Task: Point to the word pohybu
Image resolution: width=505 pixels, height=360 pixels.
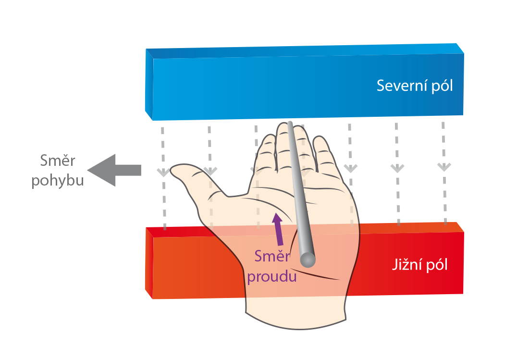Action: click(58, 181)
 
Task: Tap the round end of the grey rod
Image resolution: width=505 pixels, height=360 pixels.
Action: click(308, 259)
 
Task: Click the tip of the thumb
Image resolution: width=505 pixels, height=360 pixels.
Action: click(175, 169)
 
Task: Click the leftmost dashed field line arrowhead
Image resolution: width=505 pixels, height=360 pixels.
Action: click(163, 172)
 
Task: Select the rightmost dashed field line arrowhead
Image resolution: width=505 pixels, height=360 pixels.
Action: click(443, 167)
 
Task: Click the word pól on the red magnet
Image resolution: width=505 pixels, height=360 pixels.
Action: click(437, 265)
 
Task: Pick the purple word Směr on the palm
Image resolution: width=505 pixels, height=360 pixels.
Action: click(272, 257)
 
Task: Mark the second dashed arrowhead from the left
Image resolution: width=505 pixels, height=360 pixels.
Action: click(209, 171)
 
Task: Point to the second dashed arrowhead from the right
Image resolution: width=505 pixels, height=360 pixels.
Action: click(397, 168)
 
